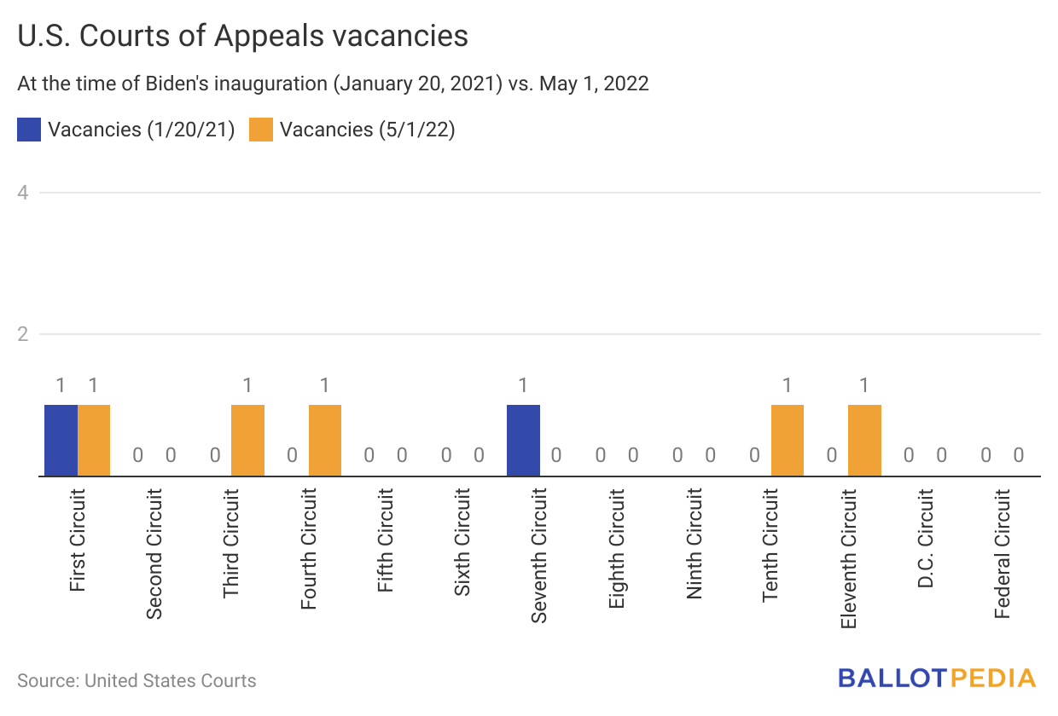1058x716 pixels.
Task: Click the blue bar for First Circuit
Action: tap(61, 440)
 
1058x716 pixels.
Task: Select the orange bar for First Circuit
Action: tap(94, 440)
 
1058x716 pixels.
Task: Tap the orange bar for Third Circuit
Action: tap(247, 440)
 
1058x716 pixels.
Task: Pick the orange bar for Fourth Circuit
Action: tap(325, 440)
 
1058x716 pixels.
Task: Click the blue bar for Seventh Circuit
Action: tap(523, 440)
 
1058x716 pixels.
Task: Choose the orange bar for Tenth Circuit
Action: tap(788, 440)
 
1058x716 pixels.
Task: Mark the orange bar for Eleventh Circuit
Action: tap(864, 440)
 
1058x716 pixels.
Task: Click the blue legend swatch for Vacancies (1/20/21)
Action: tap(28, 130)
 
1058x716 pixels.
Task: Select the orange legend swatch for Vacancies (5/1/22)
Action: tap(260, 130)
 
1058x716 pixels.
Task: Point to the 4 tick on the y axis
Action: tap(23, 193)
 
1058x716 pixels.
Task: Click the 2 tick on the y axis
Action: tap(23, 334)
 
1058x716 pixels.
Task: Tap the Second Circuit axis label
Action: tap(154, 552)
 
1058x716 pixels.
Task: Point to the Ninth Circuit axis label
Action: tap(695, 544)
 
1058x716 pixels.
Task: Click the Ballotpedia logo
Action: tap(936, 678)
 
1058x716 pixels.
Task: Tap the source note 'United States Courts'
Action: tap(171, 681)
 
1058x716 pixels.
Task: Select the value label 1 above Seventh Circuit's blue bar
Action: tap(523, 385)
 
